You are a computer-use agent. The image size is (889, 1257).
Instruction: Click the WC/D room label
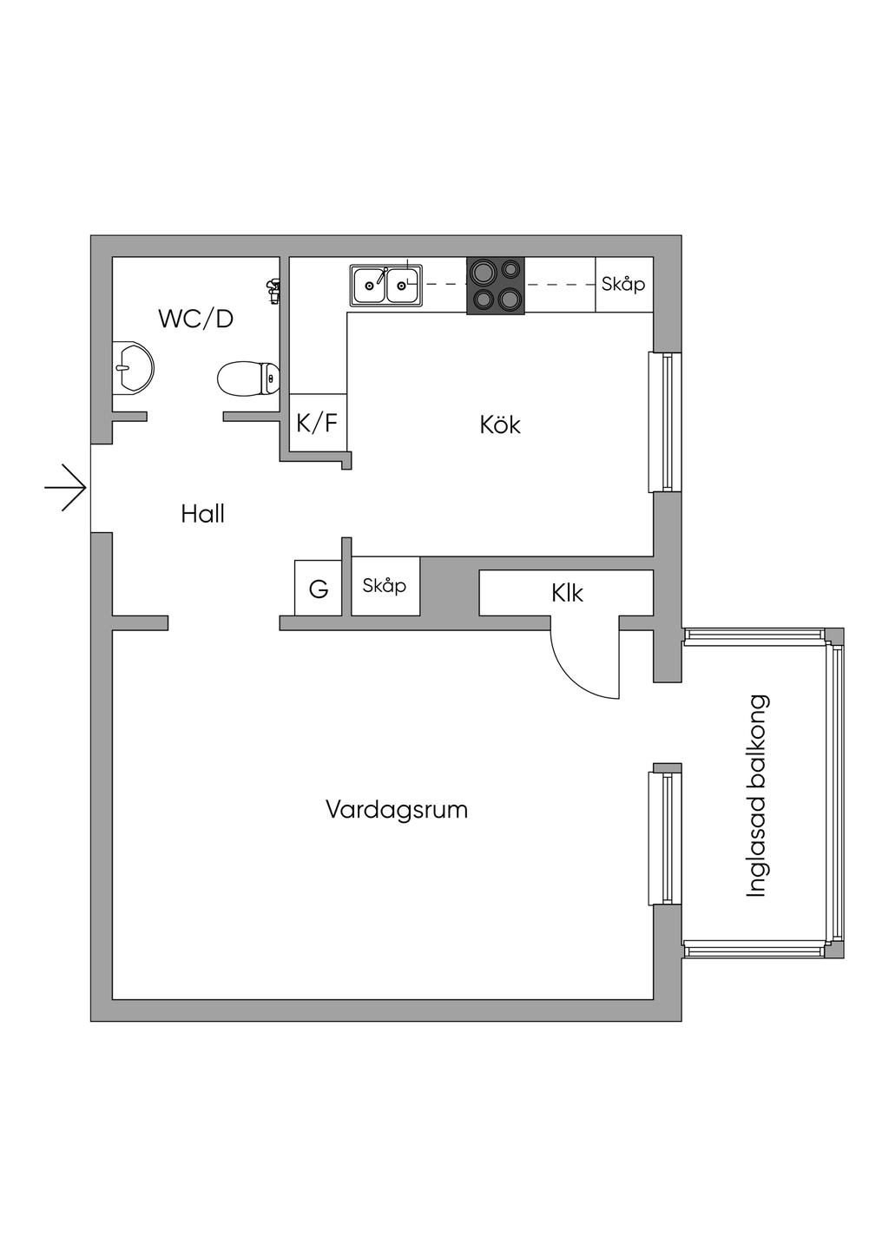click(195, 319)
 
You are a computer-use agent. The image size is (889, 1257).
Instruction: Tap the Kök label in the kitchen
click(500, 424)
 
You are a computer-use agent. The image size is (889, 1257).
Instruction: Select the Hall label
click(202, 514)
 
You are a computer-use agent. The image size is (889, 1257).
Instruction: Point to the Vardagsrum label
click(397, 810)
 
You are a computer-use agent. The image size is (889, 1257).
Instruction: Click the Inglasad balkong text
click(757, 795)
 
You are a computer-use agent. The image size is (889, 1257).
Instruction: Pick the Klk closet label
click(567, 593)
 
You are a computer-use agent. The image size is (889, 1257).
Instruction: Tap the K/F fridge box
click(317, 424)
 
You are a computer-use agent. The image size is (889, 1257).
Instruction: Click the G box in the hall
click(319, 589)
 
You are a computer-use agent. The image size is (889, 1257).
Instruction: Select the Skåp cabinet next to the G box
click(385, 586)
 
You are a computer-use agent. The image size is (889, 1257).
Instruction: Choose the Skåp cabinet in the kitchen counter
click(623, 284)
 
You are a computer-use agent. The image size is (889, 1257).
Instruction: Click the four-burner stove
click(496, 286)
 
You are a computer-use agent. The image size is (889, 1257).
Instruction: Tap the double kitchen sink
click(386, 284)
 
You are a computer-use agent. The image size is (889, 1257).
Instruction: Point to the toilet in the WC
click(247, 378)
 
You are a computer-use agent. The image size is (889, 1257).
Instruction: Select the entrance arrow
click(66, 487)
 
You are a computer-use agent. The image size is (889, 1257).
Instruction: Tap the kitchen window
click(662, 422)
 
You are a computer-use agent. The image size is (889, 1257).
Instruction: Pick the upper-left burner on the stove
click(480, 272)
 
